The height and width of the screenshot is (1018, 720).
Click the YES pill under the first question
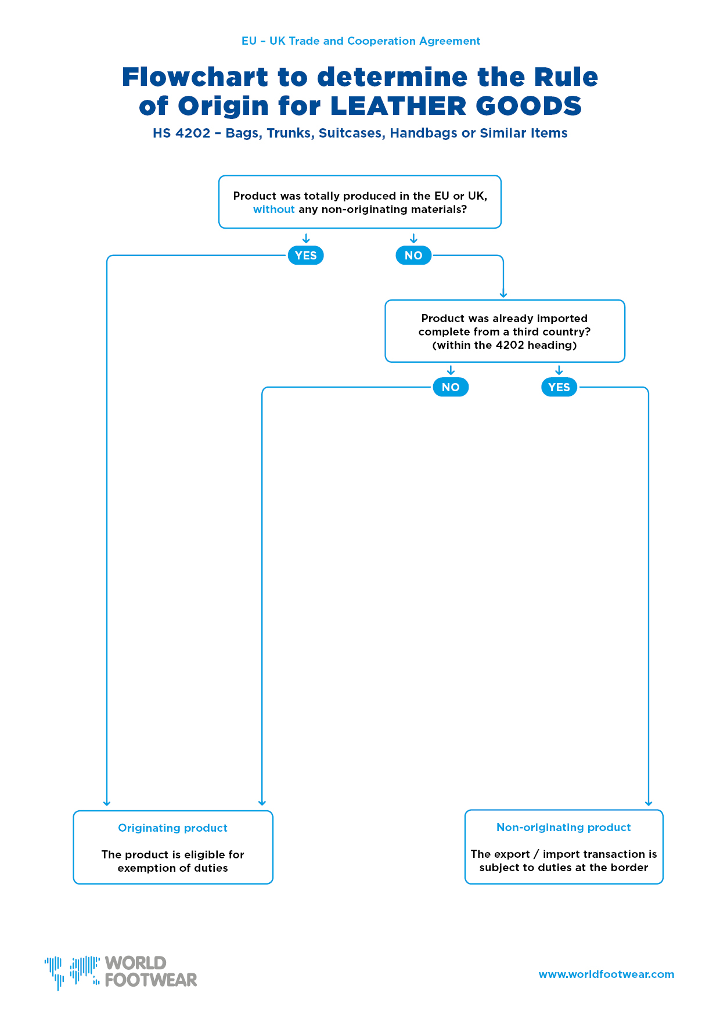(305, 255)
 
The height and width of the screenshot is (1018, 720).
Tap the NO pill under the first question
(413, 255)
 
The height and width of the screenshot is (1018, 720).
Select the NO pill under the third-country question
(451, 387)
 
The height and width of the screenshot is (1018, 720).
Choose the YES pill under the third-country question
(559, 387)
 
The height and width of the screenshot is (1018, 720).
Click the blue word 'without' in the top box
(273, 210)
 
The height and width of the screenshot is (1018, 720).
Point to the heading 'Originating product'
(172, 828)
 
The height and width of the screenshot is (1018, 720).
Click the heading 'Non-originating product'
(563, 828)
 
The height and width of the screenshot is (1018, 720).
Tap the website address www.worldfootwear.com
(606, 974)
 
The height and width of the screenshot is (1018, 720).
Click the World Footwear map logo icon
(72, 972)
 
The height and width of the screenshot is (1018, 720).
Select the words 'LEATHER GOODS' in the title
(456, 106)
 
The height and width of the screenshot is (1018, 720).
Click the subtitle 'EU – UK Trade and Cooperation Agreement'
(361, 41)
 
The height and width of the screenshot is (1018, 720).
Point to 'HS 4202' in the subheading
(181, 133)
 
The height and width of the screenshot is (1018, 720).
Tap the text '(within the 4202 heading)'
(505, 345)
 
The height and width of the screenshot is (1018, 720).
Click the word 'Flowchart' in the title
(195, 77)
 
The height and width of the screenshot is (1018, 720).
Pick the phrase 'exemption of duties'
(172, 868)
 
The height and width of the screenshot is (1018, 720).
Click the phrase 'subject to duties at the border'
(563, 868)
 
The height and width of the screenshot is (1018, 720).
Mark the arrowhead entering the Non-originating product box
(649, 803)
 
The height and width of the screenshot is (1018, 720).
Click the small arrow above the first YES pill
(306, 239)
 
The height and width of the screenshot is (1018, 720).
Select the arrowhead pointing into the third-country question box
(503, 294)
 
